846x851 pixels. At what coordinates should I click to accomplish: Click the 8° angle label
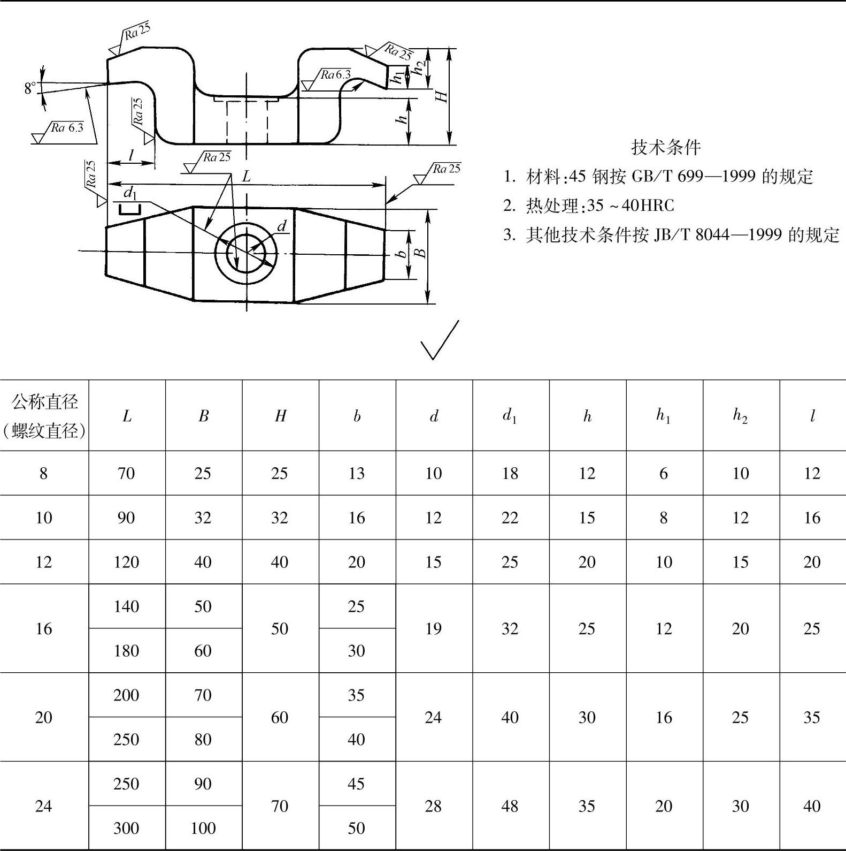point(30,88)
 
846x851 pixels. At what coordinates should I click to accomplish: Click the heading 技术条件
point(666,147)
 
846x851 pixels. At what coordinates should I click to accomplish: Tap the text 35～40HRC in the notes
point(630,206)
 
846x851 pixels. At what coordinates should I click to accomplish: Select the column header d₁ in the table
point(510,416)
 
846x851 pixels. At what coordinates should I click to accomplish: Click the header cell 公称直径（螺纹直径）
point(44,416)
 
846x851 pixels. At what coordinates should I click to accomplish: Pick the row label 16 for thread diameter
point(44,628)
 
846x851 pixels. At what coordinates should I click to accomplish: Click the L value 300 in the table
point(127,828)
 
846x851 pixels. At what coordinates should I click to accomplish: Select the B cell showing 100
point(203,828)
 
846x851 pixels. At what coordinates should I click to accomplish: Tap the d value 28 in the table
point(433,806)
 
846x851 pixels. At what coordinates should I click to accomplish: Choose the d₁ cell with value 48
point(510,806)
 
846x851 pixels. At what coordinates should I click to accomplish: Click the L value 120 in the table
point(127,562)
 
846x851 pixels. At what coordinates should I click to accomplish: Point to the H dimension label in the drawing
point(442,96)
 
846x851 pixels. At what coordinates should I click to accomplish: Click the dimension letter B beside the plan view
point(421,253)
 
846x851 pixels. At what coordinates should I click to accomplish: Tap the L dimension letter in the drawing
point(246,176)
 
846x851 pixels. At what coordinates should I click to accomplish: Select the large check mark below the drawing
point(440,341)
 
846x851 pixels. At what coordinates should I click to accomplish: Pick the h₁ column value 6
point(664,473)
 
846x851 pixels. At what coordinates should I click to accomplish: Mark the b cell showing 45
point(357,784)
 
